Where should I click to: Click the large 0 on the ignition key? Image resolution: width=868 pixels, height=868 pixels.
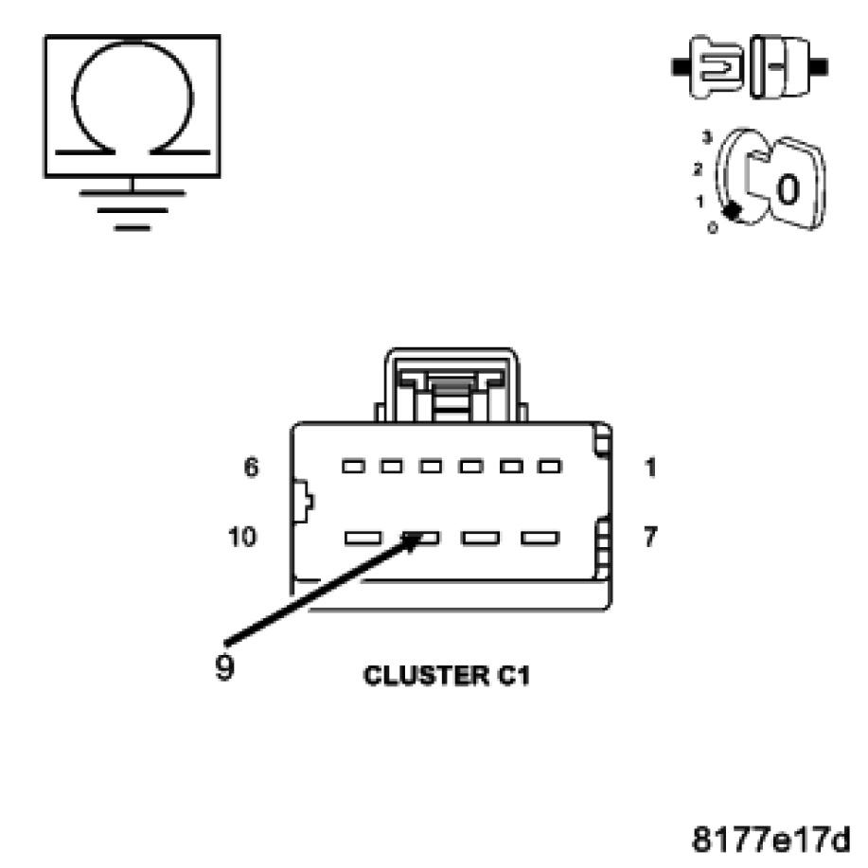[788, 188]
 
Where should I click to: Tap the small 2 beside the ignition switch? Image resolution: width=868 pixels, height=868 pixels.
[698, 170]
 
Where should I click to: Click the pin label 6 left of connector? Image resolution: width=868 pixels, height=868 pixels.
[251, 467]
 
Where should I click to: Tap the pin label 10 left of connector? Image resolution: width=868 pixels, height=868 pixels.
[242, 538]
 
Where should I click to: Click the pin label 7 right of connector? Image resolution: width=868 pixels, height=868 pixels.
[651, 538]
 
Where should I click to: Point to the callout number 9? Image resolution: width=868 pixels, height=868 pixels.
[225, 666]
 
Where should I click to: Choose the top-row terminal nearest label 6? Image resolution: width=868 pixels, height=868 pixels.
[354, 467]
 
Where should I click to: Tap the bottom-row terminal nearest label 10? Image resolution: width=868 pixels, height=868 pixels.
[363, 539]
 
